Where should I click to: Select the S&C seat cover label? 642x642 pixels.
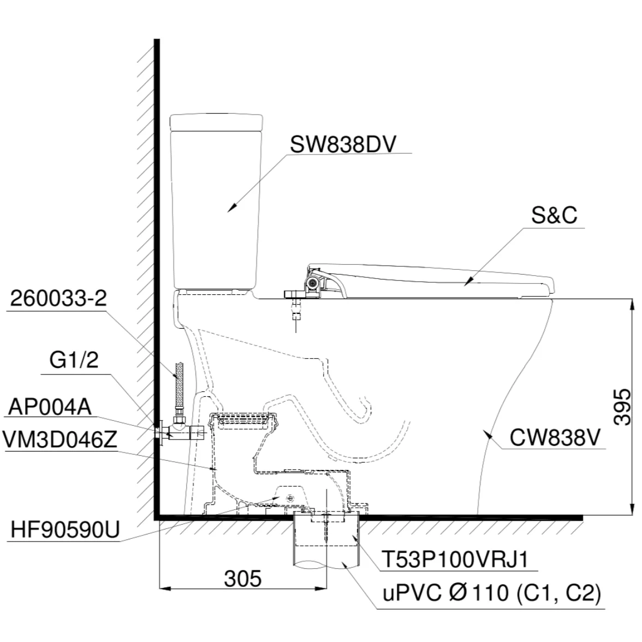[554, 216]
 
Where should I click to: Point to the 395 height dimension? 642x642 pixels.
[622, 407]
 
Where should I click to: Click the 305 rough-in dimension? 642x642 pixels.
[243, 578]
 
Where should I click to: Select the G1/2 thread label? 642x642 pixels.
[74, 361]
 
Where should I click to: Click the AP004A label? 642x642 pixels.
[50, 407]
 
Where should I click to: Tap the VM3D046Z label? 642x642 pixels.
[60, 441]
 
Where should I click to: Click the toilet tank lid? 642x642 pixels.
[217, 122]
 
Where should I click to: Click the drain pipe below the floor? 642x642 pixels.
[326, 551]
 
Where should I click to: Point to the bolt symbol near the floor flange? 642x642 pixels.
[290, 497]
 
